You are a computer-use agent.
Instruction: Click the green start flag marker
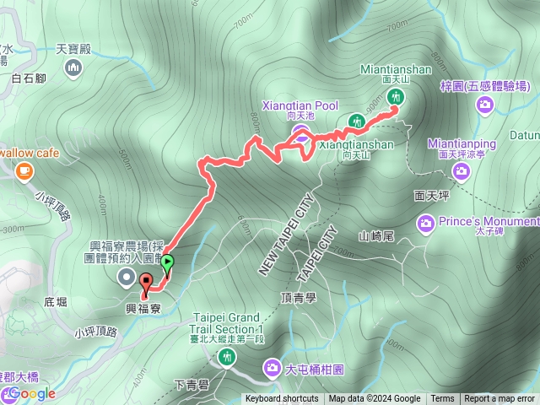click(x=167, y=263)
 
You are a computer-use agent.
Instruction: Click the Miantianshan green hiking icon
click(x=395, y=97)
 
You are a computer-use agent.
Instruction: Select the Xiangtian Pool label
click(x=304, y=105)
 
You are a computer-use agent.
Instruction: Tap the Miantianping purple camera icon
click(x=461, y=171)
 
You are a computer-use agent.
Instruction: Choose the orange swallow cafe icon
click(x=24, y=171)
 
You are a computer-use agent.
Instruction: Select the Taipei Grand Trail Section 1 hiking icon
click(x=227, y=357)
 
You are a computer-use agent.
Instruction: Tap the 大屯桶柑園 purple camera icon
click(x=273, y=367)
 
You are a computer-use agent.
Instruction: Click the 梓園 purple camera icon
click(x=485, y=104)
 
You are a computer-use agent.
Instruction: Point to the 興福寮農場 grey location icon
click(x=127, y=278)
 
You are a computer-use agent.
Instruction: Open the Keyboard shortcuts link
click(x=282, y=399)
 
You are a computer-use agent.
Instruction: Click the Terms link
click(x=442, y=399)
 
